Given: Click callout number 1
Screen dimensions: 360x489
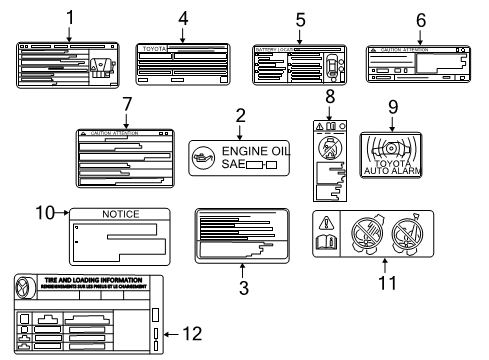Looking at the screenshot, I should pos(68,17).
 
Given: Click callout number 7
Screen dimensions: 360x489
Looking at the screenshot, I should pos(126,106).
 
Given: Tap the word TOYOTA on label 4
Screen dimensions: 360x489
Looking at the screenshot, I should pos(152,47).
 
